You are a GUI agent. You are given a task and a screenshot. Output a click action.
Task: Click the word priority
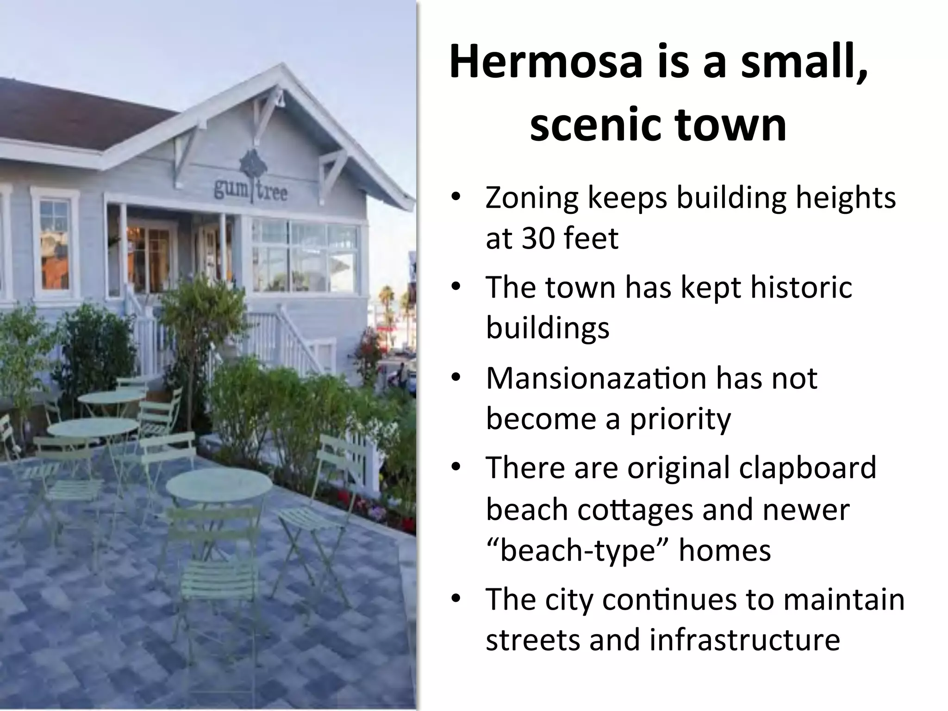point(680,419)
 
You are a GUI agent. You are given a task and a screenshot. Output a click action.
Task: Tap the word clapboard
point(807,468)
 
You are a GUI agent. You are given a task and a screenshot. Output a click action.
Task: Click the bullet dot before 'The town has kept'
point(456,287)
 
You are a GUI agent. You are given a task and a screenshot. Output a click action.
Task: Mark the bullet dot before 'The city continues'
point(456,599)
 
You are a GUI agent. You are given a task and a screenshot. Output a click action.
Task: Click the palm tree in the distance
point(385,296)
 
